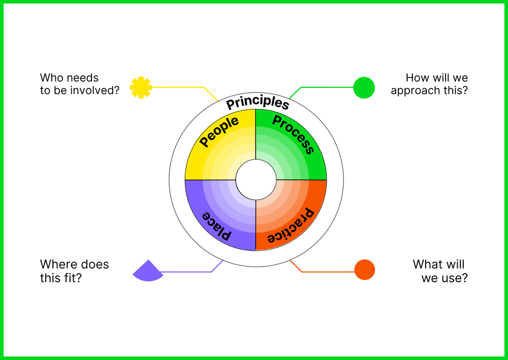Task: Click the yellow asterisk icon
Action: (x=141, y=87)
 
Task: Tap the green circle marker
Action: (x=364, y=87)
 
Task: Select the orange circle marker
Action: (x=364, y=270)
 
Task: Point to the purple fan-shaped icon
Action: (x=147, y=271)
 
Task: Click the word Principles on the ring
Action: (x=258, y=102)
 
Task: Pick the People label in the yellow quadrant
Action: (x=219, y=132)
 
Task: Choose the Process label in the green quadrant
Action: (x=293, y=134)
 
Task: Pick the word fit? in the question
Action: (x=74, y=278)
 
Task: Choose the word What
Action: (x=425, y=265)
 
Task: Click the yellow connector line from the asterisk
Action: (x=178, y=87)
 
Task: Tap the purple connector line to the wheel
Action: (x=188, y=272)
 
